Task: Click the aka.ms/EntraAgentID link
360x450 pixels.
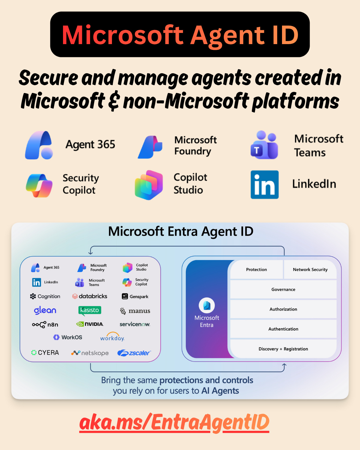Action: tap(174, 422)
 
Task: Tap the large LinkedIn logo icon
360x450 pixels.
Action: tap(265, 184)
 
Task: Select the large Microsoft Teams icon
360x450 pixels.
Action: tap(264, 145)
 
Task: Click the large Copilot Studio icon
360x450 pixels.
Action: tap(149, 185)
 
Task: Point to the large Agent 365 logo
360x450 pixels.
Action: tap(39, 145)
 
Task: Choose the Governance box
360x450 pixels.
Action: tap(283, 289)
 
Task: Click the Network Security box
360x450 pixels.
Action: tap(310, 269)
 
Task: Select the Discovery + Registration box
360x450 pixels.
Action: tap(283, 349)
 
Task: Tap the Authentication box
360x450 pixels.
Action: tap(283, 329)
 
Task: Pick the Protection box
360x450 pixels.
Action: tap(256, 269)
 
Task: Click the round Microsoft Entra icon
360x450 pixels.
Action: tap(207, 305)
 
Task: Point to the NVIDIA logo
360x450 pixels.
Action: tap(90, 324)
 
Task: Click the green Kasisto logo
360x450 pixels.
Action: tap(90, 310)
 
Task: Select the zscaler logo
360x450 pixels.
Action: tap(134, 353)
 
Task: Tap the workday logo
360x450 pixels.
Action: tap(112, 337)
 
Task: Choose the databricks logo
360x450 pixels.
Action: tap(90, 296)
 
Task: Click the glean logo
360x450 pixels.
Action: tap(45, 310)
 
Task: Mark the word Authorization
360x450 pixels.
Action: tap(283, 309)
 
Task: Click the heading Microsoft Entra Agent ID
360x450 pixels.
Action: tap(181, 232)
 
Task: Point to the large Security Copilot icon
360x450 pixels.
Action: tap(39, 185)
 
